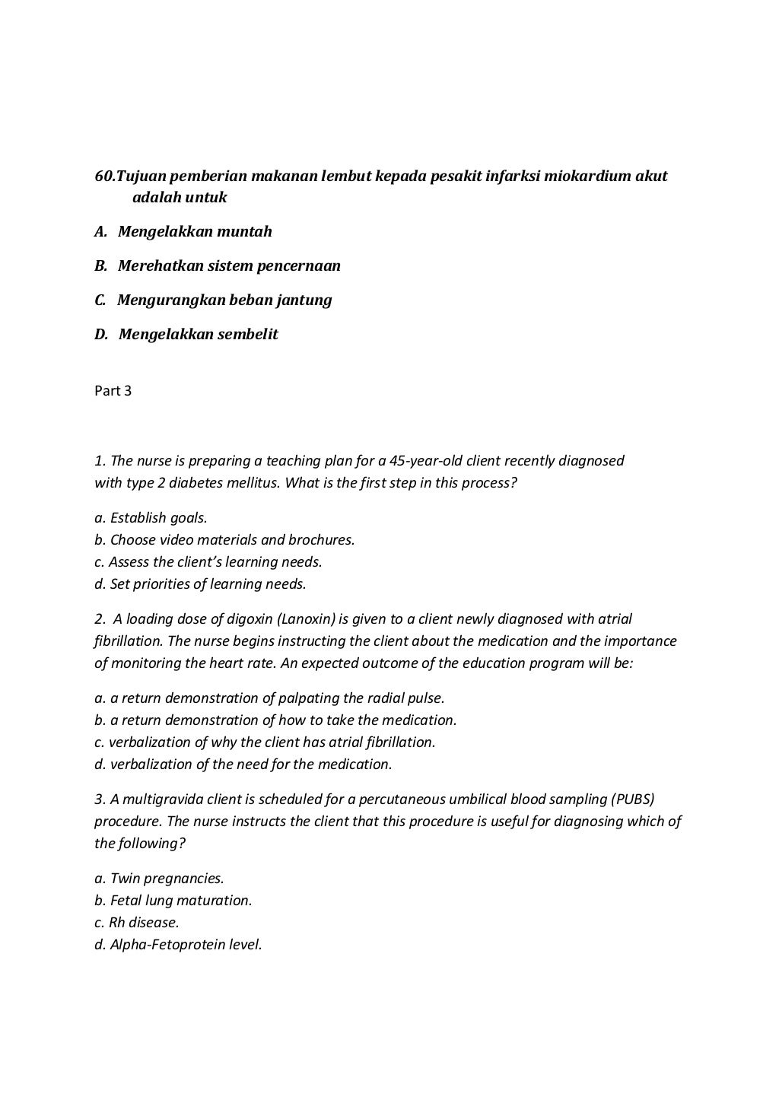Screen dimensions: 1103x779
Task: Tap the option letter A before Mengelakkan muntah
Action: tap(100, 231)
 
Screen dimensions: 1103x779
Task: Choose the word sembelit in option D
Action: tap(248, 334)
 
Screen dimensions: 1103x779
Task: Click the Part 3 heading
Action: tap(113, 391)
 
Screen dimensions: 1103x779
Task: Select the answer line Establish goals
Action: tap(151, 518)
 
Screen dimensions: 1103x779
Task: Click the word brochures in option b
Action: tap(323, 540)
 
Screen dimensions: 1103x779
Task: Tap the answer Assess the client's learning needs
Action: tap(208, 562)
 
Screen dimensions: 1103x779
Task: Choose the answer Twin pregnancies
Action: tap(159, 879)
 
